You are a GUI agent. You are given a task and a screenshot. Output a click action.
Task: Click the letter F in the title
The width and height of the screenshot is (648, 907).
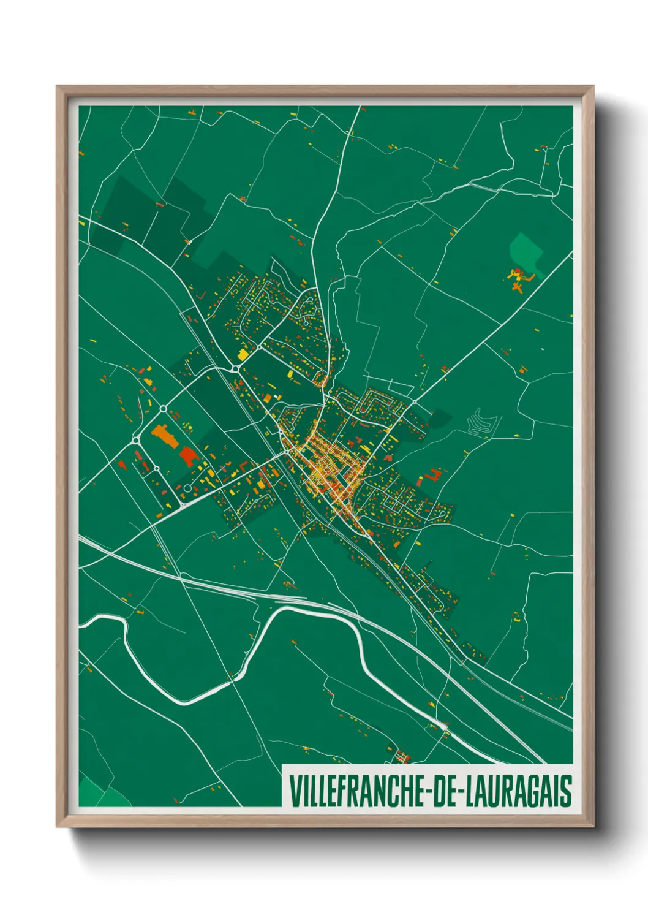(334, 791)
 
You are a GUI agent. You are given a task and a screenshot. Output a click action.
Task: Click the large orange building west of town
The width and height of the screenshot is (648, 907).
(163, 435)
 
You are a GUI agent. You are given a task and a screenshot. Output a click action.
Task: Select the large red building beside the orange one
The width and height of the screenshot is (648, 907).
(188, 456)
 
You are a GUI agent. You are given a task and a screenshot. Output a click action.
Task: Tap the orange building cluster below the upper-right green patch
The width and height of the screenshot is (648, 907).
(519, 279)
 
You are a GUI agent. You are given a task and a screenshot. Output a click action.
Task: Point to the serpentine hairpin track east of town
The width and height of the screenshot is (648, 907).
(478, 423)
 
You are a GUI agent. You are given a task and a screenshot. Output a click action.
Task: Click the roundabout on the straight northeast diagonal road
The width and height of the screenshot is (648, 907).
(414, 401)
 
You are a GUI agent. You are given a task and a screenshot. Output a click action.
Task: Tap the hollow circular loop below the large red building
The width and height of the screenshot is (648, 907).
(187, 488)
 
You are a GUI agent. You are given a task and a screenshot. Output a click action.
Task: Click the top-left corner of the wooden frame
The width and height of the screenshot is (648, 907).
(58, 87)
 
